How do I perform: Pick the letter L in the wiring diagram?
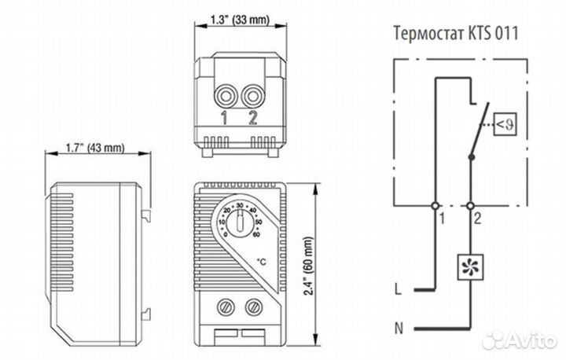(x=399, y=289)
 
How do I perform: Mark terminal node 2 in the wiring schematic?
(x=470, y=206)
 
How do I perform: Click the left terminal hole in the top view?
(x=226, y=97)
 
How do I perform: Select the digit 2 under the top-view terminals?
(x=252, y=119)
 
